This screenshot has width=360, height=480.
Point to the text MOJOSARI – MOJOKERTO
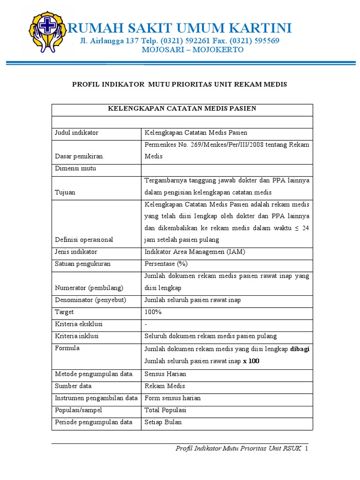[193, 50]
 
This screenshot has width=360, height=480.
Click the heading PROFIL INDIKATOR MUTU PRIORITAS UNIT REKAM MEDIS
[179, 84]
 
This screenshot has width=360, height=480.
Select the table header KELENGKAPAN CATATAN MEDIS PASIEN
[182, 109]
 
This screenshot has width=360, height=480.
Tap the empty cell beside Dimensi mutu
[226, 169]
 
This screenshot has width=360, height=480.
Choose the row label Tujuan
[65, 193]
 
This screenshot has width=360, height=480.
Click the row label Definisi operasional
[84, 240]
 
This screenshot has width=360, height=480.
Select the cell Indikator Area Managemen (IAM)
[195, 252]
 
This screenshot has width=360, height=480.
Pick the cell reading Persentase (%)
[166, 264]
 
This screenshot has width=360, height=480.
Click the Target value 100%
[153, 312]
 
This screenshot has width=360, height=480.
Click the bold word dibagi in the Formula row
[300, 349]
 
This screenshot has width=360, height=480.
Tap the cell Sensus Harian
[165, 374]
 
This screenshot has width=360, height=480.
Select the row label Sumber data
[73, 386]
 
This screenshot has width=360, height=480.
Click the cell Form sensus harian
[172, 398]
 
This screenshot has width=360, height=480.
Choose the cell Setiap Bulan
[163, 422]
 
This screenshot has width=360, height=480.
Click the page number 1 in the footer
[306, 449]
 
